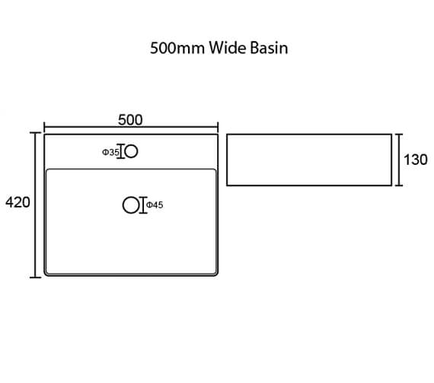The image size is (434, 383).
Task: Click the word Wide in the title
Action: [228, 48]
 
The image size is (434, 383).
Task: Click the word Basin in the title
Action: [269, 48]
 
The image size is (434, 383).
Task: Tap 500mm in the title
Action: [177, 48]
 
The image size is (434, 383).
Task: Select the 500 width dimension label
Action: [130, 119]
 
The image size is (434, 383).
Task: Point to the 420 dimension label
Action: [18, 202]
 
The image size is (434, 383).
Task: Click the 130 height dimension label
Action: [416, 160]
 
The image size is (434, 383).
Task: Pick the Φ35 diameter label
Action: [110, 152]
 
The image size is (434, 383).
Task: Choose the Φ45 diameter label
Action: [155, 205]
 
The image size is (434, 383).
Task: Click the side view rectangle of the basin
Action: [309, 135]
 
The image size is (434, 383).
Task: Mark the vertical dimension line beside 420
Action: [36, 204]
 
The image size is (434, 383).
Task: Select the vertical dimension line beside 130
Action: [399, 160]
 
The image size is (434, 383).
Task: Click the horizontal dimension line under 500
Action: [131, 127]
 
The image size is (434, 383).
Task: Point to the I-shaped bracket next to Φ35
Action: [120, 151]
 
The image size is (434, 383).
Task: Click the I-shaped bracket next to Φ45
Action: [143, 205]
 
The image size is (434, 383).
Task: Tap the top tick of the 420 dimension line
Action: [36, 133]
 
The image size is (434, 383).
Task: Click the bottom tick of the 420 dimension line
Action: [36, 277]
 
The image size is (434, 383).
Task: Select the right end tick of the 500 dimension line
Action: [218, 127]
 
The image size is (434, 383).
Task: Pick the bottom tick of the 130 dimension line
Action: [399, 185]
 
